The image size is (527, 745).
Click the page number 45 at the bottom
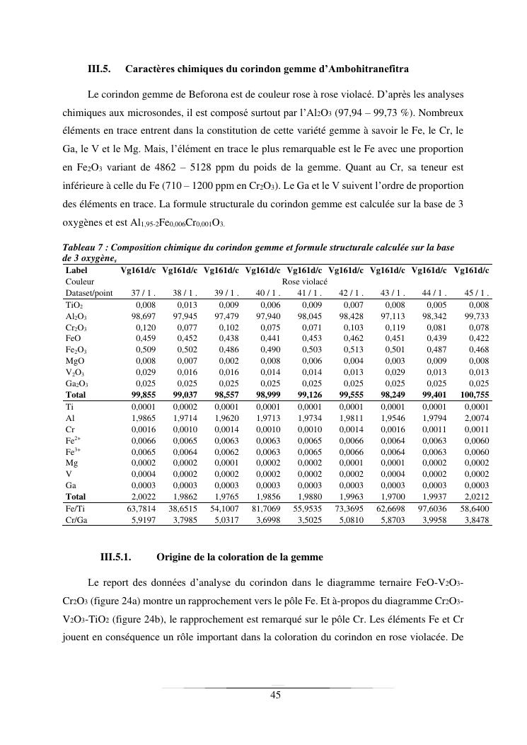tap(276, 695)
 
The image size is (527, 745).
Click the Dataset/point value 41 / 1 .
tap(309, 292)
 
